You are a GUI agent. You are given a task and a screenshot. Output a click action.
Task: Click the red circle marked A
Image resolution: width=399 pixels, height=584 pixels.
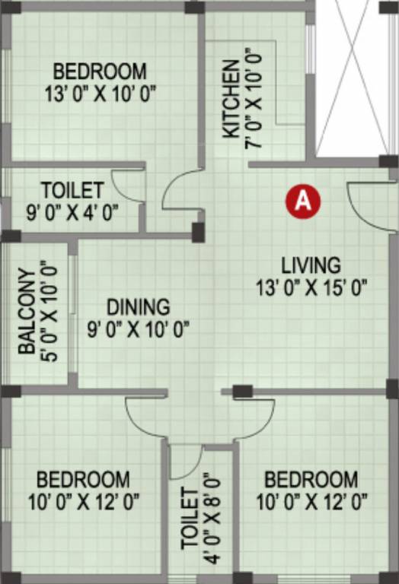pyautogui.click(x=303, y=201)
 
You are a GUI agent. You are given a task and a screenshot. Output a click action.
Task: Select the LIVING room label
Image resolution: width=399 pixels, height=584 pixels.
pyautogui.click(x=311, y=265)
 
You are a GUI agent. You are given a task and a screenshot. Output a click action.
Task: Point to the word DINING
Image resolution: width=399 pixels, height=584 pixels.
pyautogui.click(x=138, y=307)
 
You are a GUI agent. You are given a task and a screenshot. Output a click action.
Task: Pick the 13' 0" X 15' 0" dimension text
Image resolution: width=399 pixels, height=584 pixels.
pyautogui.click(x=311, y=287)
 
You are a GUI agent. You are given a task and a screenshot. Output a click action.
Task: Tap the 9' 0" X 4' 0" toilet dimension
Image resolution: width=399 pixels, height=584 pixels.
pyautogui.click(x=72, y=212)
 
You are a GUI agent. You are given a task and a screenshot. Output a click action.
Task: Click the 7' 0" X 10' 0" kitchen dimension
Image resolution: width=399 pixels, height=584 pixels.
pyautogui.click(x=254, y=99)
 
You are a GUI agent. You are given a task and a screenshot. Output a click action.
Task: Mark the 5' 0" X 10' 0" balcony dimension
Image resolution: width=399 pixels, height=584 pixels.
pyautogui.click(x=50, y=311)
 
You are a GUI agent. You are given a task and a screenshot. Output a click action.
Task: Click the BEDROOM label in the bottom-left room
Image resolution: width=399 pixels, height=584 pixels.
pyautogui.click(x=83, y=480)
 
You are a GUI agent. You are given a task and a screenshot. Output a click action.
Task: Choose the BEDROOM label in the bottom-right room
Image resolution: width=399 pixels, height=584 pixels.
pyautogui.click(x=311, y=480)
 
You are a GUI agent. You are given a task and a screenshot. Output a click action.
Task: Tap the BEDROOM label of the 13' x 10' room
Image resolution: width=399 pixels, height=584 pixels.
pyautogui.click(x=101, y=72)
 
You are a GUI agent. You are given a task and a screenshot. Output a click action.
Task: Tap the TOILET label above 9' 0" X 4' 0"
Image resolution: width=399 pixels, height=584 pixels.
pyautogui.click(x=72, y=189)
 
